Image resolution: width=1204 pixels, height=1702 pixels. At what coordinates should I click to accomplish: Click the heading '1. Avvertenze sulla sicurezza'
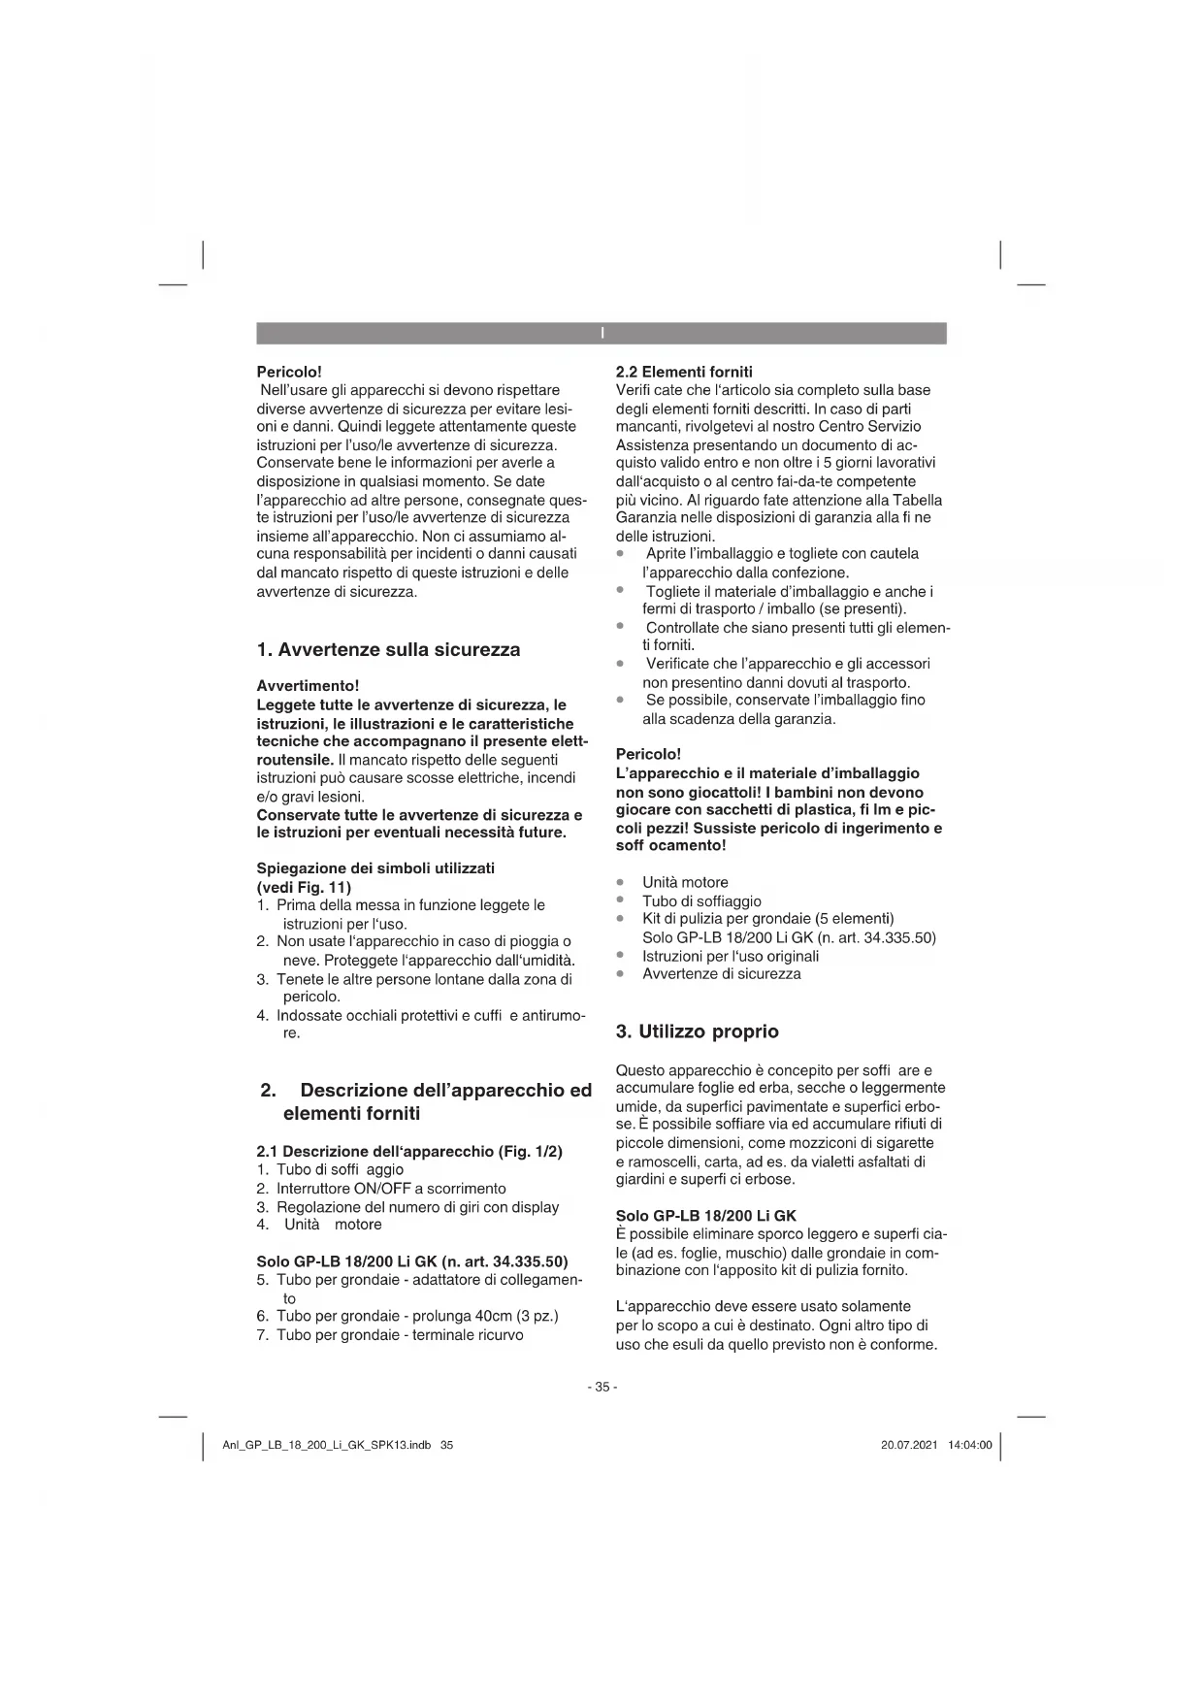click(x=388, y=650)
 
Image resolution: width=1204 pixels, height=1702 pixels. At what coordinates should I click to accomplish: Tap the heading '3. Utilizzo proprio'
click(x=698, y=1031)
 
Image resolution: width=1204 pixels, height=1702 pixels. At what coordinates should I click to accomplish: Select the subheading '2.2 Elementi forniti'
click(x=684, y=372)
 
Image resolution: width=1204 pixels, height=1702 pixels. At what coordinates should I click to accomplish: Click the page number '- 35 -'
click(x=602, y=1387)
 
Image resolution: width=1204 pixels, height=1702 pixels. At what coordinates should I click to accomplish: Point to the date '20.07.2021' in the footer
click(x=909, y=1445)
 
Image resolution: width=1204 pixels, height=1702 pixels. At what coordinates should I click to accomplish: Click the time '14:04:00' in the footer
click(x=970, y=1445)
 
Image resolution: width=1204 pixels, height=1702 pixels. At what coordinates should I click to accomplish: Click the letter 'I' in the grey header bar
click(x=602, y=334)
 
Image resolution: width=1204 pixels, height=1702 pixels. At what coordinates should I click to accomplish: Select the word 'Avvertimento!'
click(x=308, y=686)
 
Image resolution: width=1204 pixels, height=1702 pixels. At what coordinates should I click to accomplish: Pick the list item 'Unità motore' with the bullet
click(x=685, y=882)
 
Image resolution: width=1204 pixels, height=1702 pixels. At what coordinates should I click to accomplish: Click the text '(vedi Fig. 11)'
click(x=304, y=887)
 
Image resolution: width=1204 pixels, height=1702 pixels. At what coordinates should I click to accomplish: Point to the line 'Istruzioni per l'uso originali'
click(x=731, y=956)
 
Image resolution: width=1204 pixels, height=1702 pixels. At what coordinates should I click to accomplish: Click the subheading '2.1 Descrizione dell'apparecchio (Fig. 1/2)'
click(x=409, y=1152)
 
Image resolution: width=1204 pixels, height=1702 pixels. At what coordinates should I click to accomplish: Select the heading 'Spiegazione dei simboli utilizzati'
click(x=375, y=867)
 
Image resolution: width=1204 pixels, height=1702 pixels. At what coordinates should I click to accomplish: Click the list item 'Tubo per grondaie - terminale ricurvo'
click(x=400, y=1335)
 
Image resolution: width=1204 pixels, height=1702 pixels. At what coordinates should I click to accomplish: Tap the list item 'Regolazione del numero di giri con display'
click(x=417, y=1207)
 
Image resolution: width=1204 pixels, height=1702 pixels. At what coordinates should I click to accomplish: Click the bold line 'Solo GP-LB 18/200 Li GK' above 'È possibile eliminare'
click(x=705, y=1216)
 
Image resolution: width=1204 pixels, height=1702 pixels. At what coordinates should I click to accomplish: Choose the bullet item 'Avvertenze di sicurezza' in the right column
click(x=722, y=973)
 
